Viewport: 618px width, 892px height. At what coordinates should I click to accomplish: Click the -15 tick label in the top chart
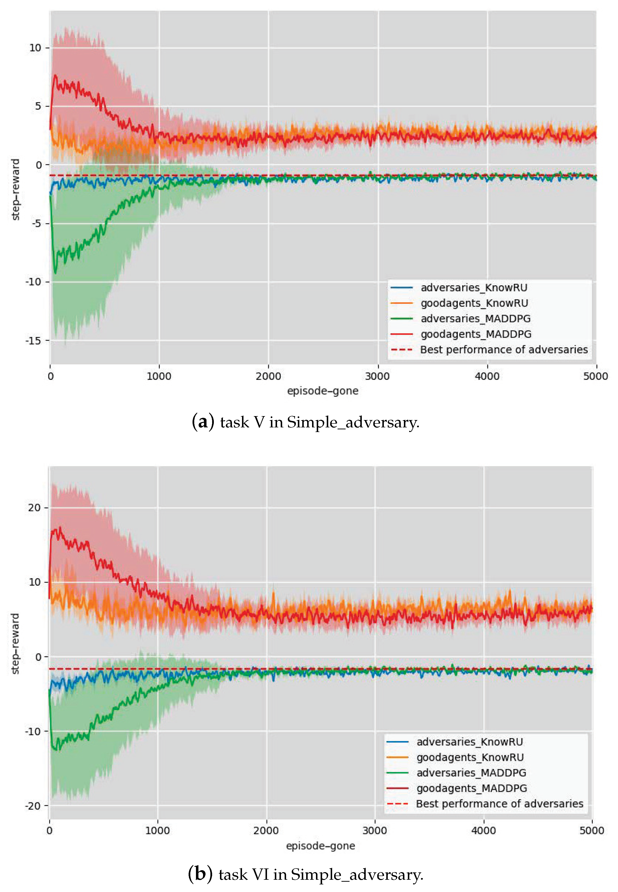(x=33, y=340)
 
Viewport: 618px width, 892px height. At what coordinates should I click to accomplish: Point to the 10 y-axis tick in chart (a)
(x=35, y=48)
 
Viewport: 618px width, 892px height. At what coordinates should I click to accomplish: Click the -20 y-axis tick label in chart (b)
(x=33, y=806)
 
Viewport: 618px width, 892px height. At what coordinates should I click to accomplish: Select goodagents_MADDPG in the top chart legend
(x=476, y=334)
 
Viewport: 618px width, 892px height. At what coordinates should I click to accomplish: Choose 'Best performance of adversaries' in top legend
(x=503, y=349)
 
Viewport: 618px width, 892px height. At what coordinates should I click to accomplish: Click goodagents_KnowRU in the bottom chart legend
(x=470, y=757)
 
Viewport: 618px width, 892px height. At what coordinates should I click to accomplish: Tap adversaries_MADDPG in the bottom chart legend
(x=471, y=773)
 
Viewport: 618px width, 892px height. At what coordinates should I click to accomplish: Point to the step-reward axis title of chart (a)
(x=15, y=189)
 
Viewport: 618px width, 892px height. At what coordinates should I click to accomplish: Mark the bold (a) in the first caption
(x=203, y=422)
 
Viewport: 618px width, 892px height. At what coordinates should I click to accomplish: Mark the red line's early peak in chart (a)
(x=55, y=75)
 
